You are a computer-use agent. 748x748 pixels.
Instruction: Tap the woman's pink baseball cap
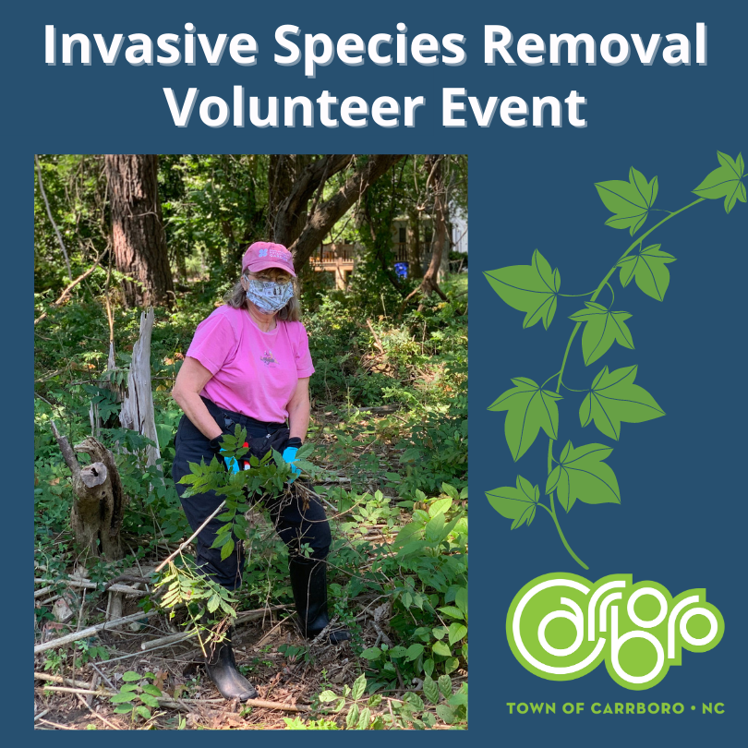coord(268,257)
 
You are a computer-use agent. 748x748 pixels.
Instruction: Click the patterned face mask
coord(270,295)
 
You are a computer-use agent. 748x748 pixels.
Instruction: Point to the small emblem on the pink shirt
coord(268,358)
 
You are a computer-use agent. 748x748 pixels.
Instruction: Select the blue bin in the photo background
coord(401,269)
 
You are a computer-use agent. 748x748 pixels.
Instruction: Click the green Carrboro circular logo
coord(614,629)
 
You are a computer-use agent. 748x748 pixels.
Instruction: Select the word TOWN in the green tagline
coord(529,708)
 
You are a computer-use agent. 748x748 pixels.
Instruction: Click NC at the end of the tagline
coord(713,708)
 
